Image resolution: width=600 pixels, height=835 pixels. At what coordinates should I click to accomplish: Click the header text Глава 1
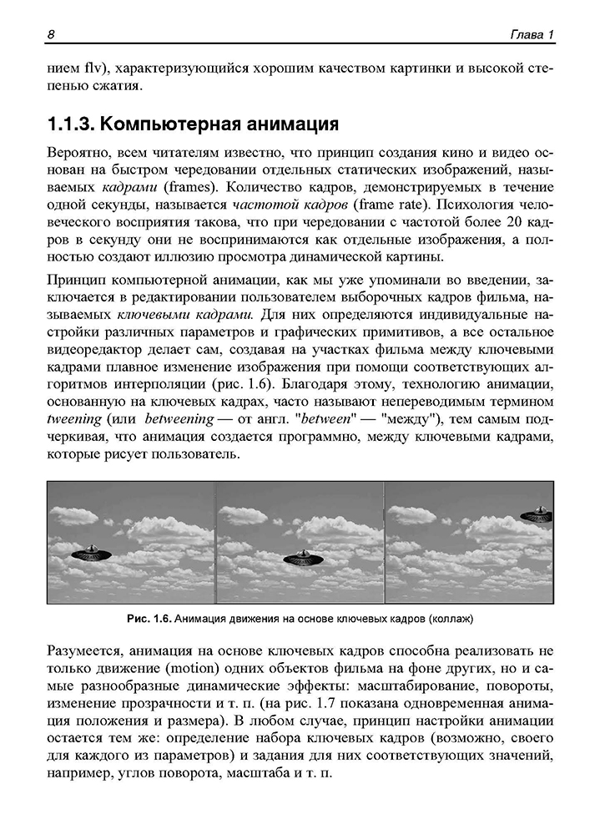pyautogui.click(x=532, y=34)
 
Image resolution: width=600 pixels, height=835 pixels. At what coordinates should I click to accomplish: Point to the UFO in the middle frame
pyautogui.click(x=304, y=558)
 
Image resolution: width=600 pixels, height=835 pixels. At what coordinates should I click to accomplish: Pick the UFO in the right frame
pyautogui.click(x=537, y=513)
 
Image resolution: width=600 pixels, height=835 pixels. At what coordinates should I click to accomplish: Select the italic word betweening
pyautogui.click(x=179, y=418)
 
